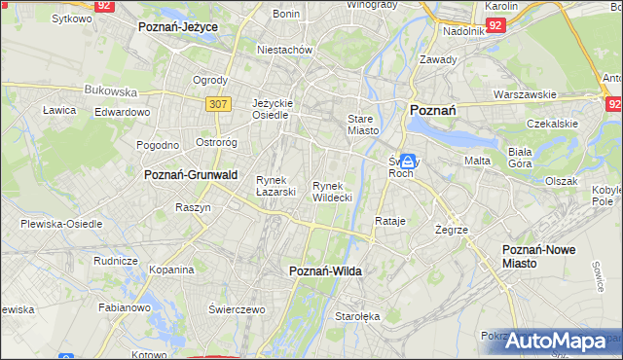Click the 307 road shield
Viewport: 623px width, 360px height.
coord(217,103)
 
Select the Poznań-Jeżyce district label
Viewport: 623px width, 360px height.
coord(178,27)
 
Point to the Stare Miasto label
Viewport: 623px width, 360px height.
coord(362,124)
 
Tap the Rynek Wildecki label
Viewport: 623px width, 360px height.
coord(332,191)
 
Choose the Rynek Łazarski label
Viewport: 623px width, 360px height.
coord(275,185)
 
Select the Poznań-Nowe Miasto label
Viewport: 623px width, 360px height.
coord(538,256)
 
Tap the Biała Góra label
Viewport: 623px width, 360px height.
coord(525,158)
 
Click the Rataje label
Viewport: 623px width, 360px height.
coord(389,222)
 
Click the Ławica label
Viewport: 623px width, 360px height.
coord(59,110)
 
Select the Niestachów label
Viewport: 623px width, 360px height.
coord(283,49)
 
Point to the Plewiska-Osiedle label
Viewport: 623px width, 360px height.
coord(61,224)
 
